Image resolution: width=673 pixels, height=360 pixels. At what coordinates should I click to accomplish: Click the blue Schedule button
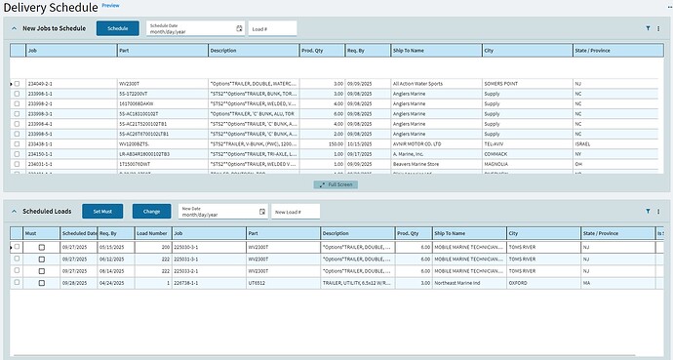click(117, 29)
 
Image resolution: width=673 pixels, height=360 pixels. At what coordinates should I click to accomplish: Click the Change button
click(151, 211)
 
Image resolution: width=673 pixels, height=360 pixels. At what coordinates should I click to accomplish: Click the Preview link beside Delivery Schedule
click(110, 6)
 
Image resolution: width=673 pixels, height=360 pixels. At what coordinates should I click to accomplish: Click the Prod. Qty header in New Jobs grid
click(314, 49)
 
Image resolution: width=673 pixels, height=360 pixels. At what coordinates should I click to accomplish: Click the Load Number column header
click(150, 233)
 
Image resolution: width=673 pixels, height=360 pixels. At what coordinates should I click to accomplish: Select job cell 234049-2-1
click(44, 85)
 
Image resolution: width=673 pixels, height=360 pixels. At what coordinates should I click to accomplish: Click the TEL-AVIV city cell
click(498, 143)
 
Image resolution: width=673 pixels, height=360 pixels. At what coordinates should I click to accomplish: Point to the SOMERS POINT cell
click(504, 85)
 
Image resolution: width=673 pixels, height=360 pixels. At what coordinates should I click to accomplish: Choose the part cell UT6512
click(258, 282)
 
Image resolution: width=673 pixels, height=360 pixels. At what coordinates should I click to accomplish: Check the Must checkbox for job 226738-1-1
click(41, 282)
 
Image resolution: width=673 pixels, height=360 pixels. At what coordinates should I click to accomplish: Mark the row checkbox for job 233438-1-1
click(17, 143)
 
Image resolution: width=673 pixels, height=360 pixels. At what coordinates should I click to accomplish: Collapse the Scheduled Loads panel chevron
click(15, 211)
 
